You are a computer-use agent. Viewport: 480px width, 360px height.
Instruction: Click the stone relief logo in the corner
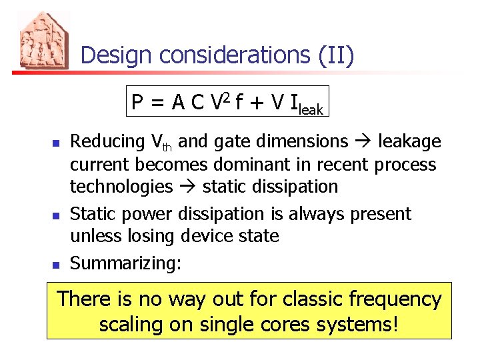(x=41, y=41)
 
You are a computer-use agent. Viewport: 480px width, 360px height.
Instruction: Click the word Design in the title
(x=113, y=55)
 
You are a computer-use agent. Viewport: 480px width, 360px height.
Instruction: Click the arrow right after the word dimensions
(x=363, y=142)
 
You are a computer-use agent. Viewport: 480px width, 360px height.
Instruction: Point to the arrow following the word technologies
(x=187, y=187)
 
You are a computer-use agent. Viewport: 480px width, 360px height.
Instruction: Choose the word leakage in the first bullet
(x=409, y=142)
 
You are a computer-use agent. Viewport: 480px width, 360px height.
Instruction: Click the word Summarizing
(x=125, y=264)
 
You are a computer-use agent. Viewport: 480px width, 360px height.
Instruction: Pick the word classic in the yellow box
(x=306, y=300)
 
